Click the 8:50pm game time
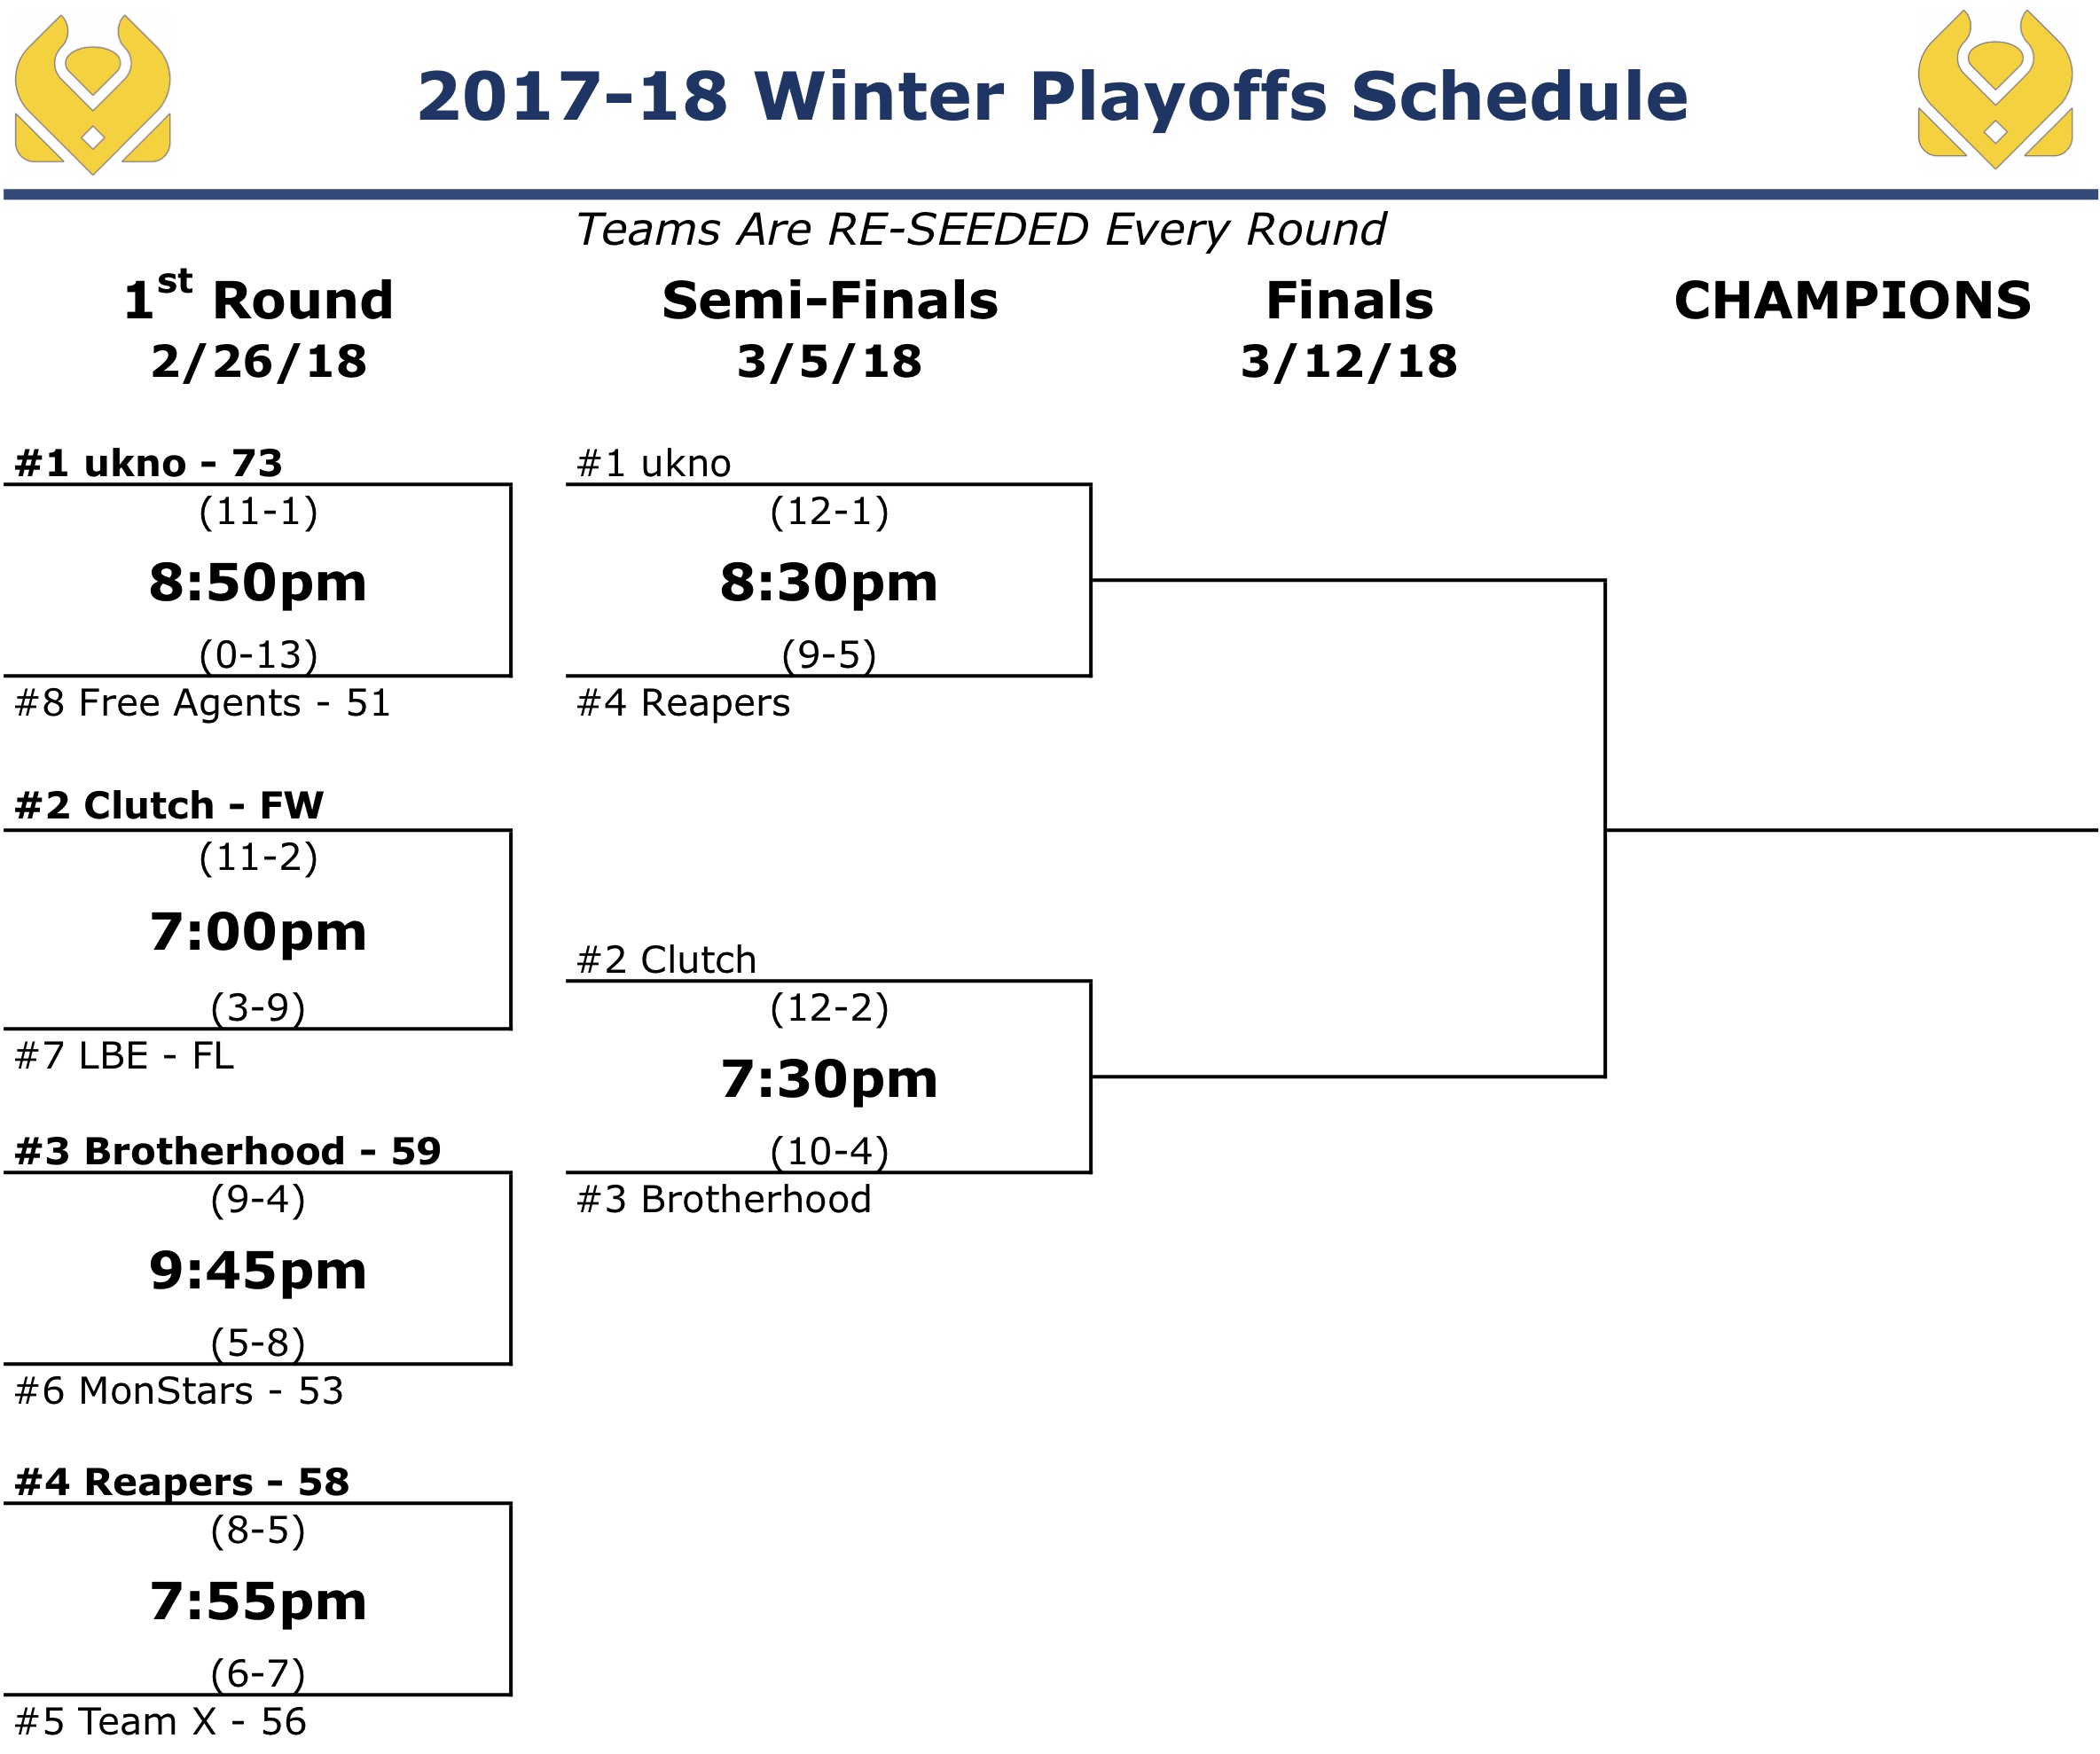(258, 582)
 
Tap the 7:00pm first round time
(258, 932)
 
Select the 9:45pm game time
(258, 1271)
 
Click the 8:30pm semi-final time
(829, 582)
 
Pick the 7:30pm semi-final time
(829, 1079)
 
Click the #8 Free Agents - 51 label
(202, 703)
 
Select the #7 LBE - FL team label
(124, 1056)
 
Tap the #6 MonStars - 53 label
(179, 1391)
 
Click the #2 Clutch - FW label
(169, 805)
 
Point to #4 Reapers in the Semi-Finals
(683, 703)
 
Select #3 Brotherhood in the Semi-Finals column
(724, 1199)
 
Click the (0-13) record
(258, 655)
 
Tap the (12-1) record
(829, 512)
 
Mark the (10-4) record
(829, 1152)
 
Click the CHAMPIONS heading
(1853, 300)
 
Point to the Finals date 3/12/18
(1349, 361)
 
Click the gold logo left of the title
(92, 94)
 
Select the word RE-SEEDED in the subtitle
(959, 230)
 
